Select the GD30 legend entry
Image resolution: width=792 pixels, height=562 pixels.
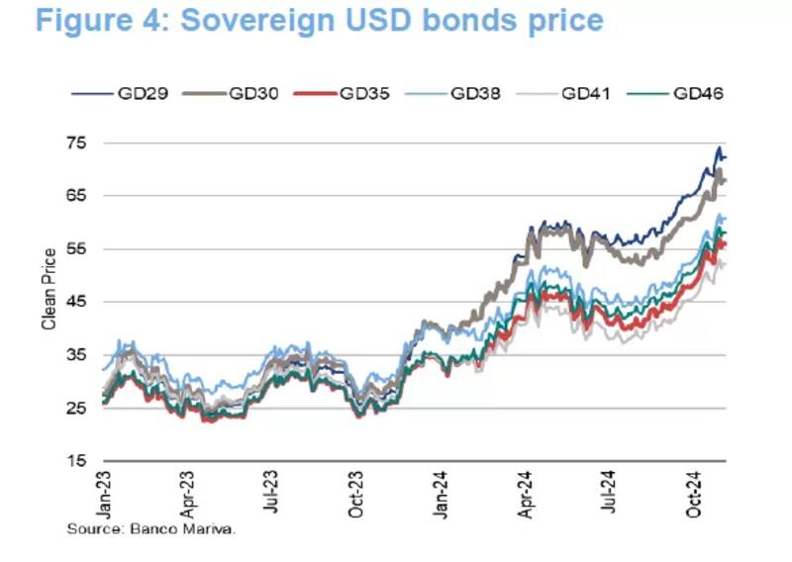pyautogui.click(x=251, y=94)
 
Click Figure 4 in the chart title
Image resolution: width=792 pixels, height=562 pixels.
pyautogui.click(x=99, y=20)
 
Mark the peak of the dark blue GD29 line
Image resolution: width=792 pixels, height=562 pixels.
pyautogui.click(x=719, y=148)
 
